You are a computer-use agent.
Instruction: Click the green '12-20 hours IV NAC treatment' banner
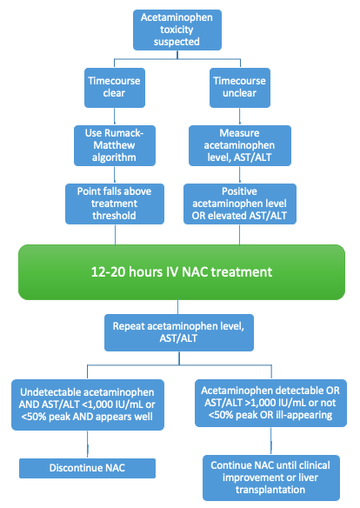click(x=180, y=272)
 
